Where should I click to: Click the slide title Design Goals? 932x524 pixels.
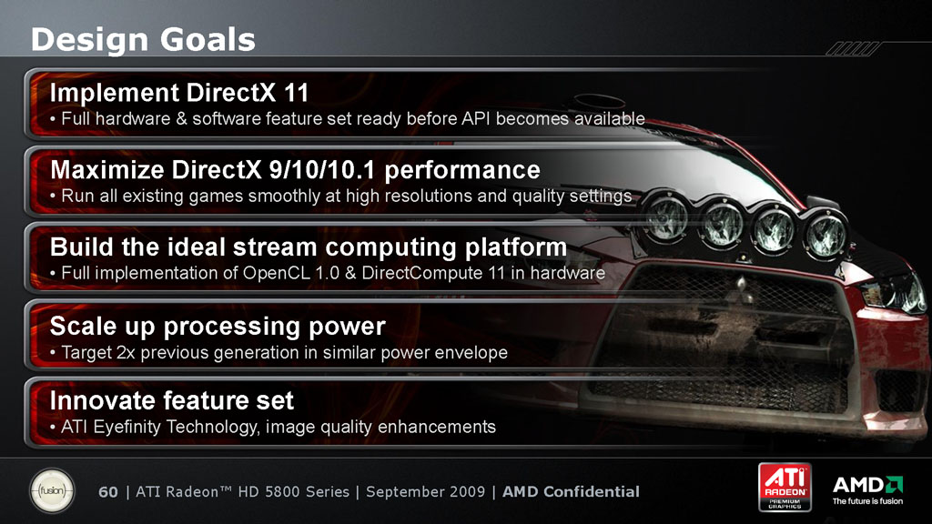pyautogui.click(x=143, y=39)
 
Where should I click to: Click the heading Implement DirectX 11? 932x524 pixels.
pyautogui.click(x=179, y=93)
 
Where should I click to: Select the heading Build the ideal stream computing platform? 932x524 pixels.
pyautogui.click(x=309, y=247)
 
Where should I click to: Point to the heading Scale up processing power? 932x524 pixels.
pyautogui.click(x=218, y=327)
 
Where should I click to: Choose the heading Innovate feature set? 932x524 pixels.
pyautogui.click(x=172, y=400)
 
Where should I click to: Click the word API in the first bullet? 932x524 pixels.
pyautogui.click(x=475, y=119)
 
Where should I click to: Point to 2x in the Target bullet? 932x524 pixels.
pyautogui.click(x=126, y=353)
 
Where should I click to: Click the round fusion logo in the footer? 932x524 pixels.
pyautogui.click(x=52, y=491)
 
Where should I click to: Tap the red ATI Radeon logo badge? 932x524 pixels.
pyautogui.click(x=785, y=488)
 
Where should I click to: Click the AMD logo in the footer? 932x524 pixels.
pyautogui.click(x=867, y=485)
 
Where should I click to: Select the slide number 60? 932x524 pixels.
pyautogui.click(x=108, y=492)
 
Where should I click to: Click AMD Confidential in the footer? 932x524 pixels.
pyautogui.click(x=572, y=492)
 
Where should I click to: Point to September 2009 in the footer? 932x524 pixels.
pyautogui.click(x=426, y=492)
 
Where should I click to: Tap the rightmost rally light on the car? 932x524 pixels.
pyautogui.click(x=826, y=234)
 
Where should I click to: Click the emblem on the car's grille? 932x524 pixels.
pyautogui.click(x=741, y=285)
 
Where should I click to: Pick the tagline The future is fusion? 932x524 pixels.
pyautogui.click(x=867, y=501)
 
